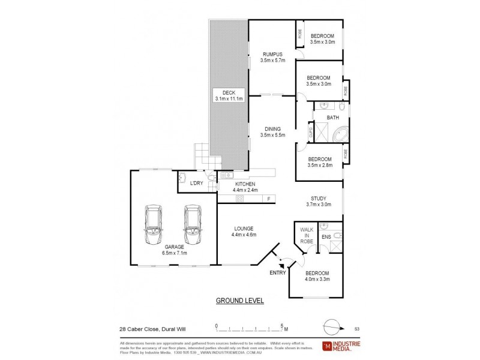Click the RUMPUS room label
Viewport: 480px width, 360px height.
tap(272, 54)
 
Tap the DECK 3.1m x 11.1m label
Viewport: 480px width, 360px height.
tap(229, 96)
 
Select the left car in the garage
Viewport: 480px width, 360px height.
tap(154, 225)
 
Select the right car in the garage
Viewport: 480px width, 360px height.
tap(193, 225)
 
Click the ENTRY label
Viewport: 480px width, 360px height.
tap(277, 272)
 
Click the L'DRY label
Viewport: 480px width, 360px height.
tap(196, 183)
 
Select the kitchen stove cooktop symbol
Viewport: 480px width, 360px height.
tap(239, 198)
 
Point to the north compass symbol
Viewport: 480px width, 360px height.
tap(331, 327)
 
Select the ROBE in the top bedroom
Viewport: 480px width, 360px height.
tap(299, 35)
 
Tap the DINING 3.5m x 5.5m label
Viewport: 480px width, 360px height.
tap(272, 131)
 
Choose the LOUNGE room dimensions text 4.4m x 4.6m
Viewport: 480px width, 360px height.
tap(244, 235)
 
